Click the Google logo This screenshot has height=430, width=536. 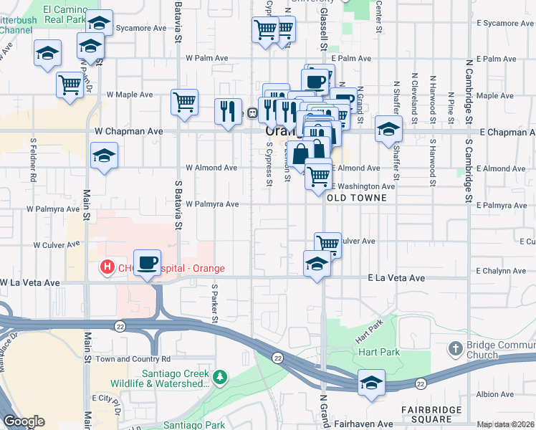pyautogui.click(x=24, y=421)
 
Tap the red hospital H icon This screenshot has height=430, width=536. pyautogui.click(x=107, y=268)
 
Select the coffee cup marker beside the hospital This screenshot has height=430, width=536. pyautogui.click(x=147, y=263)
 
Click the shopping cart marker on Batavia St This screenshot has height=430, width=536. pyautogui.click(x=184, y=102)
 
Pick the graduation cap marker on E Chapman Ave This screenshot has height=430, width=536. pyautogui.click(x=388, y=129)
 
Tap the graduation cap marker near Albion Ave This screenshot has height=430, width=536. pyautogui.click(x=371, y=383)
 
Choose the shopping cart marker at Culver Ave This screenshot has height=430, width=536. pyautogui.click(x=327, y=244)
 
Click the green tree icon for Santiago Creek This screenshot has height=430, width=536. pyautogui.click(x=221, y=376)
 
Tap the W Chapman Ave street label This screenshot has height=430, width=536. pyautogui.click(x=129, y=132)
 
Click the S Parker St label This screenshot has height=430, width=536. pyautogui.click(x=214, y=301)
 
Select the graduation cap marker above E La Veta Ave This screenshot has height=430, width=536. pyautogui.click(x=317, y=264)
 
